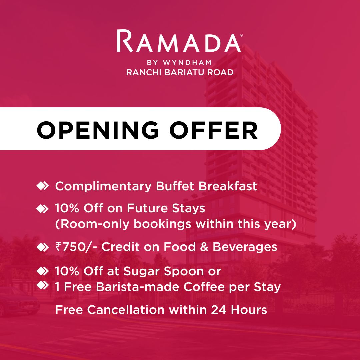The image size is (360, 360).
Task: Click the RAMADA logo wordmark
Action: (x=179, y=41)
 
